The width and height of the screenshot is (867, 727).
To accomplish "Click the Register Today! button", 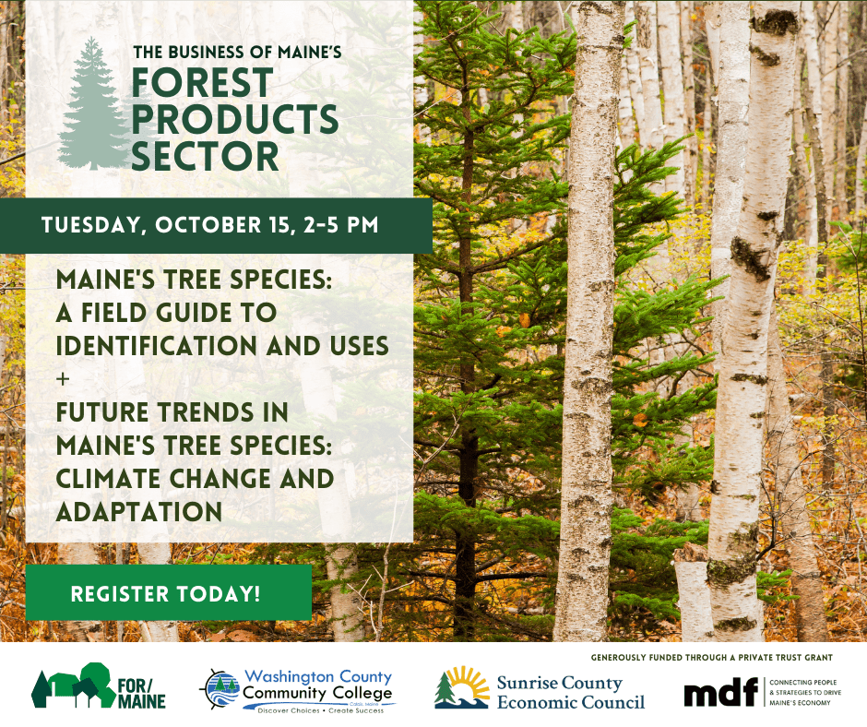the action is (x=169, y=592).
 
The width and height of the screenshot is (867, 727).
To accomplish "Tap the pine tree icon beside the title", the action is (x=94, y=104).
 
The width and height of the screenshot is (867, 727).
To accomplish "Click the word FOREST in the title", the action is (x=202, y=83).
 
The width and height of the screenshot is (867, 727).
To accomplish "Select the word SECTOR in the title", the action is (x=205, y=156).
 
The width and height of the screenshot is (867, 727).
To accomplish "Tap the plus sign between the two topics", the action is (x=63, y=379).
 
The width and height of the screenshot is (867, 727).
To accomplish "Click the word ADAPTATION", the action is (x=138, y=512).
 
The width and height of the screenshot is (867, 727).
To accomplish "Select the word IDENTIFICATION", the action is (x=157, y=346).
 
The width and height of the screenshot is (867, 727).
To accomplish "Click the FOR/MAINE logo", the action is (x=99, y=685).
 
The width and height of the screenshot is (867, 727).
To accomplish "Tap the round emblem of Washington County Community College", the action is (x=220, y=689).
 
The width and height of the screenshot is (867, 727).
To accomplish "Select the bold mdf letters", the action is (x=721, y=692).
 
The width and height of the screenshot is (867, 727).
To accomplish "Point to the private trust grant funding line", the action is (x=712, y=657).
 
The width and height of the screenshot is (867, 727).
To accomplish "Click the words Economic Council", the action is (x=571, y=702).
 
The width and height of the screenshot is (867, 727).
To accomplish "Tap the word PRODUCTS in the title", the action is (x=235, y=120).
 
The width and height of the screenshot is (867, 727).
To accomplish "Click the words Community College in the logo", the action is (x=317, y=693).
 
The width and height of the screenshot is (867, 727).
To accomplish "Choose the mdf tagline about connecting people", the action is (x=805, y=692).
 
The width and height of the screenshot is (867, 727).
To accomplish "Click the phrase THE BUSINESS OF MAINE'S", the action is (x=237, y=53).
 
